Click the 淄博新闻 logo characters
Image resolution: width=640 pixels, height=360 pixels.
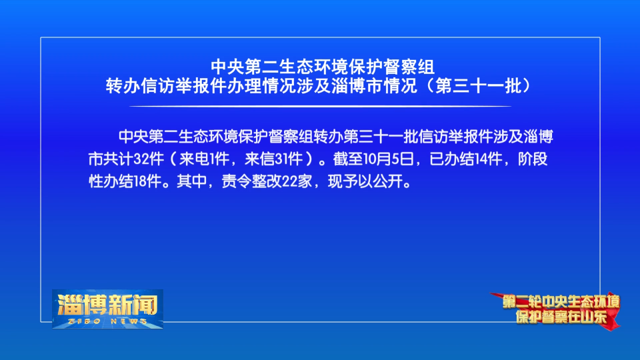click(108, 304)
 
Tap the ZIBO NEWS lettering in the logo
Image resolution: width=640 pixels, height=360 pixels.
click(108, 321)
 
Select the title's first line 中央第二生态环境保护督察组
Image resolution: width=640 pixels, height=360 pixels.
click(323, 67)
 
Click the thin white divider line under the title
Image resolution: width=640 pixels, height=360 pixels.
click(321, 106)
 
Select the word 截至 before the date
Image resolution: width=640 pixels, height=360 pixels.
click(347, 159)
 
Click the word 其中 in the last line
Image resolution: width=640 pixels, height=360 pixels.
click(192, 181)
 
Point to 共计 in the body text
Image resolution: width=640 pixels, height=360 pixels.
click(118, 159)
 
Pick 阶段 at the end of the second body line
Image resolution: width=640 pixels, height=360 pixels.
click(532, 159)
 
